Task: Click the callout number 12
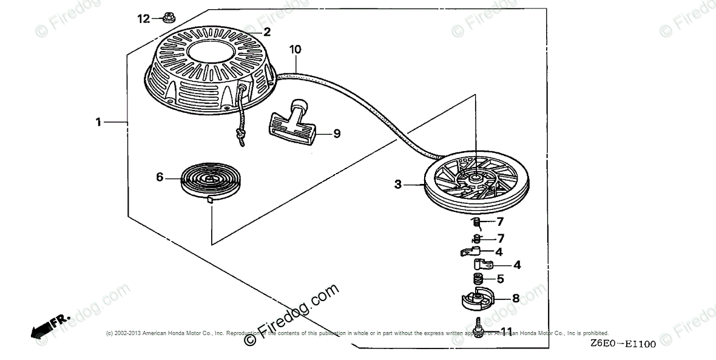(143, 19)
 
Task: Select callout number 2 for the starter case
(266, 31)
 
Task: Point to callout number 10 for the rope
(295, 49)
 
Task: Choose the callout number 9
(337, 132)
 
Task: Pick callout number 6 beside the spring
(160, 177)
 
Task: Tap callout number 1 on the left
(98, 122)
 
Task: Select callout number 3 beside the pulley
(398, 184)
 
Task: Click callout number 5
(500, 279)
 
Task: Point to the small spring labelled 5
(478, 279)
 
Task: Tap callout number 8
(515, 298)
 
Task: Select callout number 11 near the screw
(507, 331)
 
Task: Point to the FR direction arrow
(49, 325)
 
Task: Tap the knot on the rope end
(240, 135)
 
